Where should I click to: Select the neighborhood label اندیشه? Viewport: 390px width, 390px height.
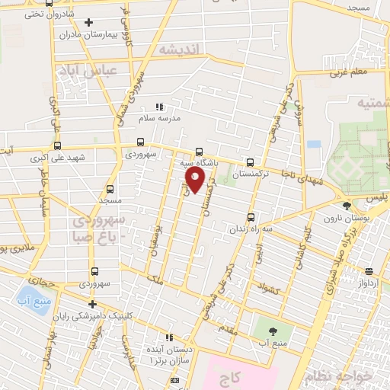coord(179,50)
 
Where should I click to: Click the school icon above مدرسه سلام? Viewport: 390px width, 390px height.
coord(159,107)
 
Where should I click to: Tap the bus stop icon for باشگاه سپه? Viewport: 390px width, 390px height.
coord(200,150)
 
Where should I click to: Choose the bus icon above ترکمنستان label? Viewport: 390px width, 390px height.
coord(251,161)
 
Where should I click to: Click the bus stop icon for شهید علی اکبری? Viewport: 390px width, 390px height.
coord(57,146)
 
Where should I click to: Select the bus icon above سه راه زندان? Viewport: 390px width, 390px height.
coord(251,216)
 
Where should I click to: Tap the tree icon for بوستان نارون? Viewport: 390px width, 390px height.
coord(347,206)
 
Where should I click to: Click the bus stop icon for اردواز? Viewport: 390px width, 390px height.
coord(369,271)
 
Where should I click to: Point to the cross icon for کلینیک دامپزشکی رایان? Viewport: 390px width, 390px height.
coord(92,305)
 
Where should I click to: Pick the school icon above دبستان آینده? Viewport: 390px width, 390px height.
coord(169,337)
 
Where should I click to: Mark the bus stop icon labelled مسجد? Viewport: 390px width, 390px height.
coord(110,189)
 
